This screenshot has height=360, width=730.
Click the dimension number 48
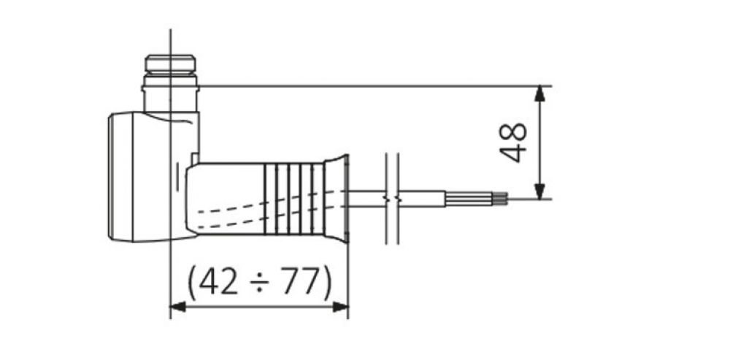[513, 142]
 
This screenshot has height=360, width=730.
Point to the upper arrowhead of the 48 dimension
[539, 93]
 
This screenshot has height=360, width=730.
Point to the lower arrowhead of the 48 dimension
[539, 191]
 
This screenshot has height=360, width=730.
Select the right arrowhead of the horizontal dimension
[341, 307]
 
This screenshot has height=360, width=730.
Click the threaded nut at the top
[170, 64]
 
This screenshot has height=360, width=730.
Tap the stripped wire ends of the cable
[499, 199]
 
